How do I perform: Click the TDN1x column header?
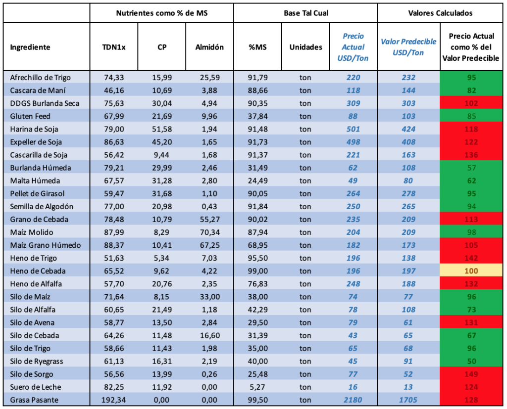(114, 47)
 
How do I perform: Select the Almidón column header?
(209, 47)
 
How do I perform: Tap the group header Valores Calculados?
(440, 13)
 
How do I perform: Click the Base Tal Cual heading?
(306, 13)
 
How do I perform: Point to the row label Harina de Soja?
(34, 129)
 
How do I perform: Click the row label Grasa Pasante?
(34, 400)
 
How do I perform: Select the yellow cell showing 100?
(471, 271)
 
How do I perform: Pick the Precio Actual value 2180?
(353, 400)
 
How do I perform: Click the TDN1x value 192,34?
(114, 400)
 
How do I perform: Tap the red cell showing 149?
(471, 374)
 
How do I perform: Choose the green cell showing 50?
(471, 361)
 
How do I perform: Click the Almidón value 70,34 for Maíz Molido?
(209, 232)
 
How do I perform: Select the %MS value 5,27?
(257, 387)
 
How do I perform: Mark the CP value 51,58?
(162, 129)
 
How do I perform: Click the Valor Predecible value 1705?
(408, 400)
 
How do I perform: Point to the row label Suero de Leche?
(35, 387)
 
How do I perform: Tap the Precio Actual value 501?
(353, 129)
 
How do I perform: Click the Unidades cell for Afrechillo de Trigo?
(305, 78)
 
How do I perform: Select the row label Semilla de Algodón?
(42, 206)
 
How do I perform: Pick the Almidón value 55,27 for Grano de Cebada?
(209, 220)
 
